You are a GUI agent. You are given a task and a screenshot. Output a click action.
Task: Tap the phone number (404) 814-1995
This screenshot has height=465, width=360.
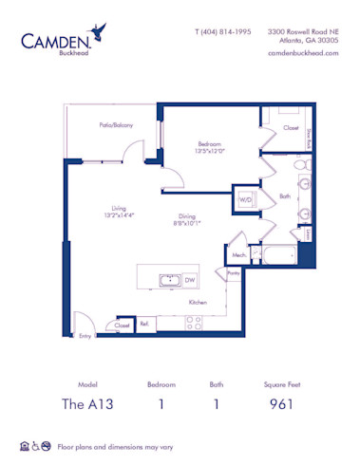click(x=223, y=30)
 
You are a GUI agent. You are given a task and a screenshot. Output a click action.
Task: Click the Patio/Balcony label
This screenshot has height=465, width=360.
click(x=116, y=124)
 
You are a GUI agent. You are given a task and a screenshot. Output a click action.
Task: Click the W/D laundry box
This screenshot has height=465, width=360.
click(x=246, y=201)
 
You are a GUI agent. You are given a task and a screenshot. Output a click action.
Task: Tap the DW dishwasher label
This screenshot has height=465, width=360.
click(x=190, y=280)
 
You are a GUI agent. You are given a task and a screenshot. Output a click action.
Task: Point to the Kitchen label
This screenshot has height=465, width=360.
click(x=198, y=302)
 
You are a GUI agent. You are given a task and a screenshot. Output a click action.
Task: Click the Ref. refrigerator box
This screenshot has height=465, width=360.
click(x=144, y=325)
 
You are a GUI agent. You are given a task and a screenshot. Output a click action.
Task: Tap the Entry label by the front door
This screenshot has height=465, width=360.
click(x=85, y=335)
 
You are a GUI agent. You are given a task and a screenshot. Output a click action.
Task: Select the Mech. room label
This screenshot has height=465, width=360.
click(x=238, y=254)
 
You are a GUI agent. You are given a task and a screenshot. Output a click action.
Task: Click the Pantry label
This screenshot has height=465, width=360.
click(x=234, y=273)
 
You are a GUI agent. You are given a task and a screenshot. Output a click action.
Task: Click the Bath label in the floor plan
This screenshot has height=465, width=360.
click(x=284, y=196)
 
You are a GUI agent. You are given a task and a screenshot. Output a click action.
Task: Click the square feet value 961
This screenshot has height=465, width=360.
click(x=279, y=403)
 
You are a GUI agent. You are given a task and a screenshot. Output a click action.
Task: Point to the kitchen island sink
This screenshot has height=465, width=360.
click(x=169, y=280)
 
